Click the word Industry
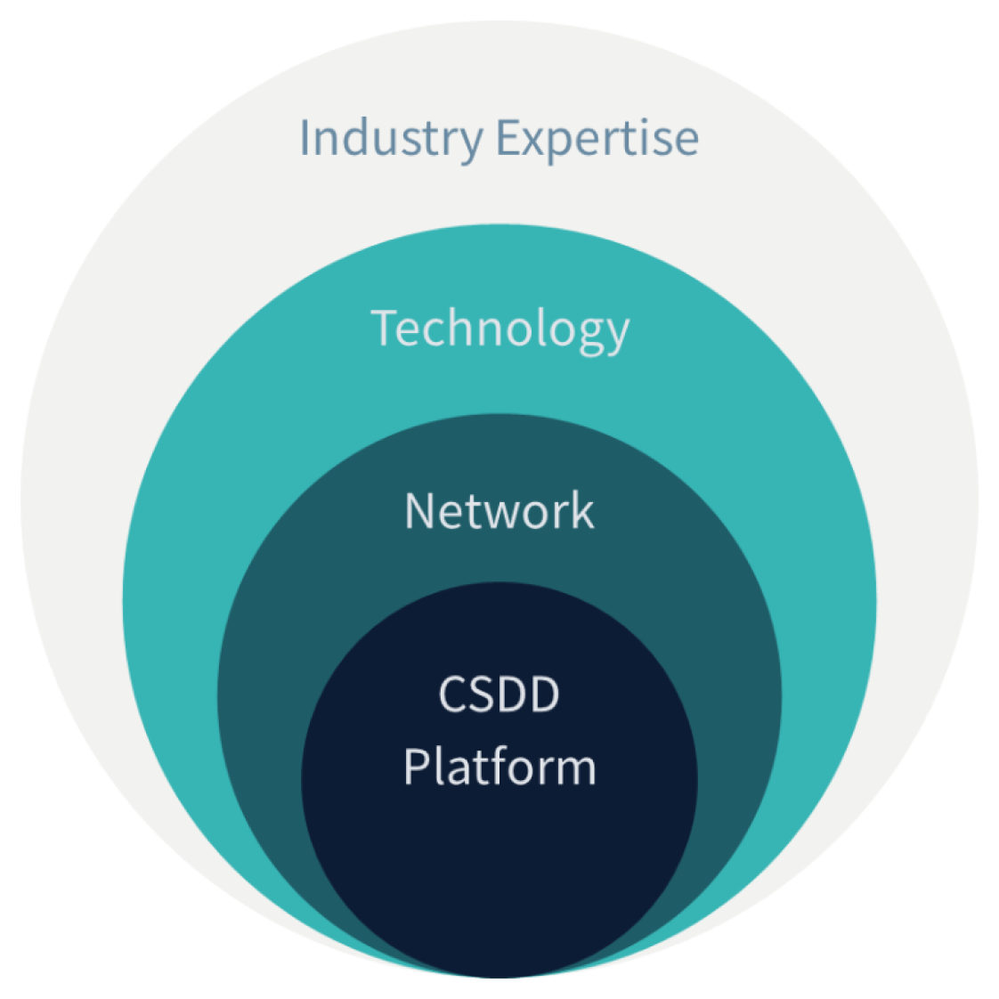point(391,138)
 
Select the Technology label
point(499,329)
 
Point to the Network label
point(499,511)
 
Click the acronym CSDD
point(499,694)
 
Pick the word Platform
point(499,767)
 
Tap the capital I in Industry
point(305,137)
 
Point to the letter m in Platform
point(573,770)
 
